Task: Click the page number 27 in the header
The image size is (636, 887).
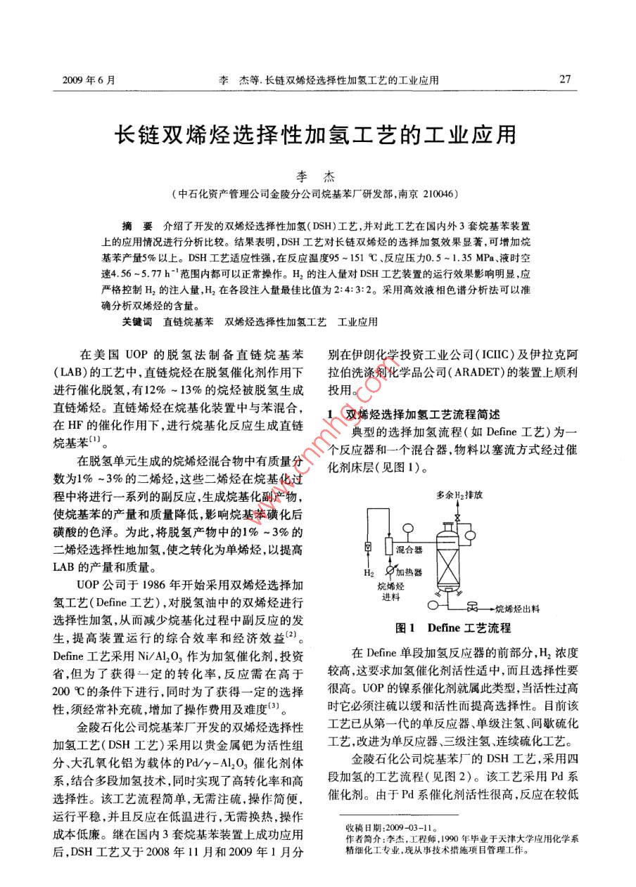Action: click(564, 79)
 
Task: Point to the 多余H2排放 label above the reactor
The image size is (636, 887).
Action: click(459, 495)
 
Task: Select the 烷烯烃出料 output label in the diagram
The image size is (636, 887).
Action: click(517, 609)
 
